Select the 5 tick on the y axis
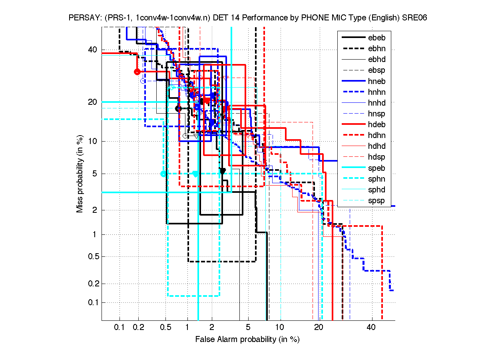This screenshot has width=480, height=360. coord(95,174)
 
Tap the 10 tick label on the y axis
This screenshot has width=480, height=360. coord(93,141)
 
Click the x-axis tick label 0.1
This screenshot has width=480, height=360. coord(120,328)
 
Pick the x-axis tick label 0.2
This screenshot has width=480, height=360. coord(138,328)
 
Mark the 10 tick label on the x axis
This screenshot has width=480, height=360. coord(280,328)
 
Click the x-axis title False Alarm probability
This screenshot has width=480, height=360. coord(247,340)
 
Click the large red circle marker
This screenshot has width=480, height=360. coord(137,72)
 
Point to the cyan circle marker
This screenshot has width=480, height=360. coord(163,174)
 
